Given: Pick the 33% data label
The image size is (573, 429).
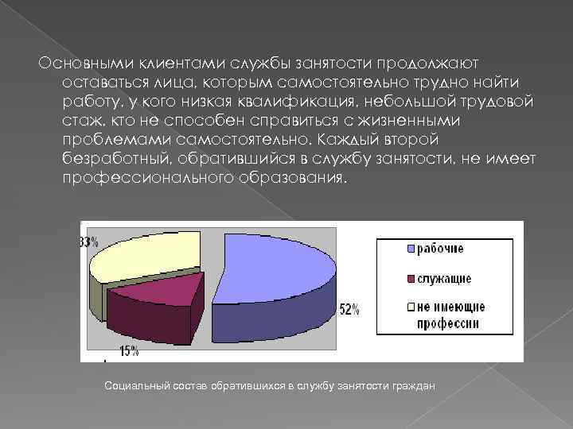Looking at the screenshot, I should pos(88,241).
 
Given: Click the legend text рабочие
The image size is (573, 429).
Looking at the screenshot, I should pos(442,249).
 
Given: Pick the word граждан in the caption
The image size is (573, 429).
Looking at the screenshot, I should pos(413,385).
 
